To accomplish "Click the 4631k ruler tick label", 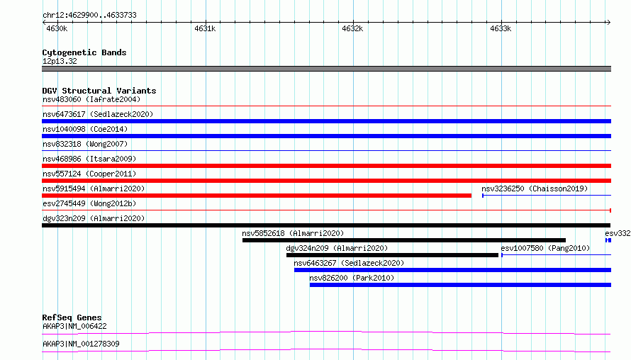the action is (x=205, y=28).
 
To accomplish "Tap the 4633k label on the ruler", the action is (x=501, y=28).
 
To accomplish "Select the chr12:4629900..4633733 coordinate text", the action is (x=90, y=16).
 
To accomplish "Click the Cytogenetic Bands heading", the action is (x=84, y=52).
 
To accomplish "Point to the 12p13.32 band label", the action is (x=60, y=61).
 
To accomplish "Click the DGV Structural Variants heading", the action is (x=99, y=91).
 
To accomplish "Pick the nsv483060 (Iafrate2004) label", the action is (x=91, y=99).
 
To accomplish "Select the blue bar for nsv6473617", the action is (x=326, y=121).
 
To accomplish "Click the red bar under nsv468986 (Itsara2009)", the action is (x=326, y=166).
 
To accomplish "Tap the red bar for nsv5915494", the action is (x=257, y=196).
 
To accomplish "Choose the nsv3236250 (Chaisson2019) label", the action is (x=535, y=189).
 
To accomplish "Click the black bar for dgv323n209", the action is (x=326, y=225).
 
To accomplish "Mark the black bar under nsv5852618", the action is (x=404, y=240).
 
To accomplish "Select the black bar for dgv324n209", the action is (x=392, y=255).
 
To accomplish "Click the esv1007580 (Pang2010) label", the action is (x=545, y=248).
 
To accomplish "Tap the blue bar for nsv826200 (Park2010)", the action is (x=460, y=285).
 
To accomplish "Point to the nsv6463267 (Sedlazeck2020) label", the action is (x=349, y=263).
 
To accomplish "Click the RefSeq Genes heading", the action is (x=72, y=317).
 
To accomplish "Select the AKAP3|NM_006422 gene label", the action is (x=75, y=326).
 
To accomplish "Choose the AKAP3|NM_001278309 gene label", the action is (x=81, y=344).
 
